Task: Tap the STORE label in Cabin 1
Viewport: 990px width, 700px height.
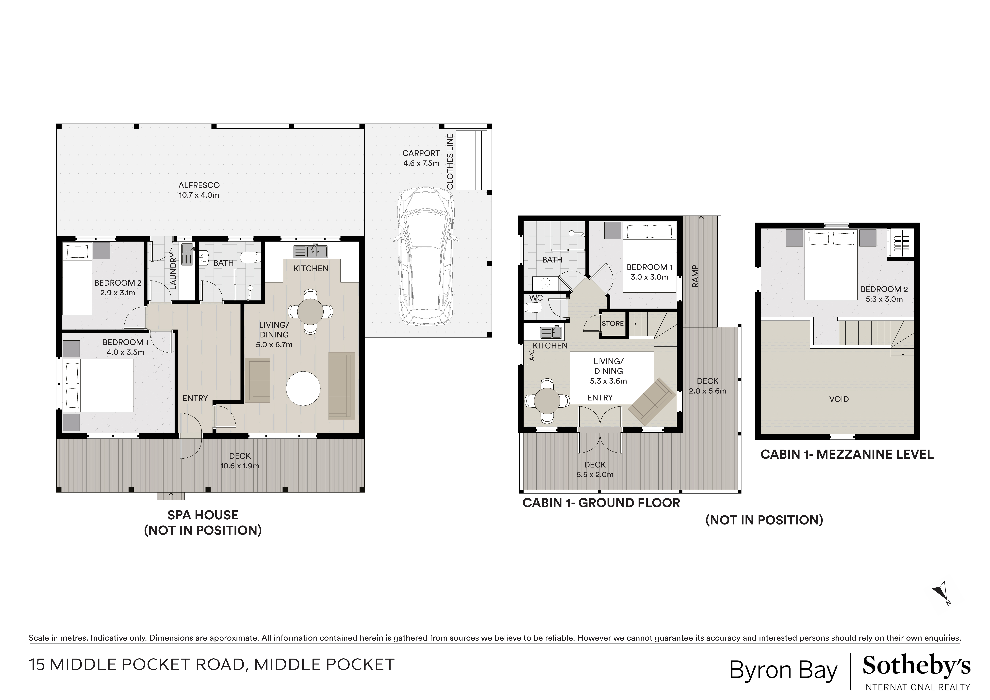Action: click(613, 323)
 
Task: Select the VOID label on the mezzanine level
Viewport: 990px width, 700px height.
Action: click(839, 399)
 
